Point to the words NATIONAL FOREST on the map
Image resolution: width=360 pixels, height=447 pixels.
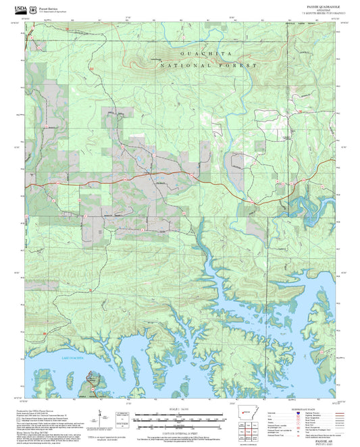coord(209,65)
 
